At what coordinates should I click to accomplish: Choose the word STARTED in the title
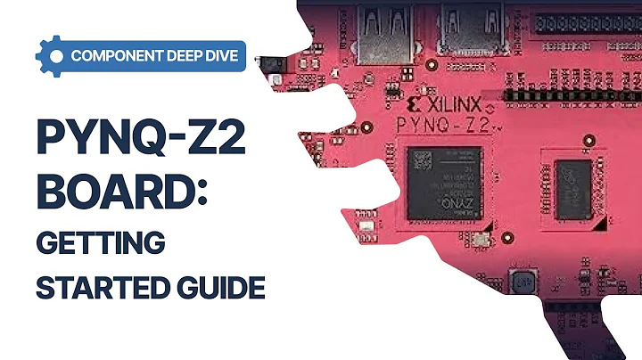pos(95,287)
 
